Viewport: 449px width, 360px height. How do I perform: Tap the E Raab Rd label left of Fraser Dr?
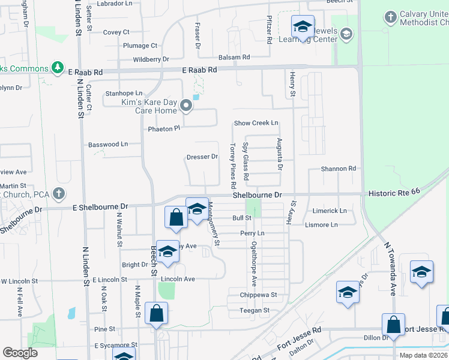(85, 71)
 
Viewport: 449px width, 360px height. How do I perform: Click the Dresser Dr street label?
(202, 157)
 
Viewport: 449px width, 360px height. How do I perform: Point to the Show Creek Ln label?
(256, 123)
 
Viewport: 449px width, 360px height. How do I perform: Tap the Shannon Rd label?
(339, 169)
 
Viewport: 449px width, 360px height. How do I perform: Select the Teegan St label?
(255, 310)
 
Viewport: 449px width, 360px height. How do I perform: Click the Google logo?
(20, 353)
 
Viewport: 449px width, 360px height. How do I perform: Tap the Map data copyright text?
(424, 355)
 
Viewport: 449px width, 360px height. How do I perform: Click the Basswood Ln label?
(108, 145)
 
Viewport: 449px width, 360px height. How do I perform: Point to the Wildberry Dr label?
(151, 59)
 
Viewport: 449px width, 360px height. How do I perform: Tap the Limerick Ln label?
(330, 211)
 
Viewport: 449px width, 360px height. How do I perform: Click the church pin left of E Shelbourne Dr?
(58, 193)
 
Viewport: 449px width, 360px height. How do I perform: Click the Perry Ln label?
(252, 233)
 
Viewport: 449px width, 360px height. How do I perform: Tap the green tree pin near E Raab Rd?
(58, 67)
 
